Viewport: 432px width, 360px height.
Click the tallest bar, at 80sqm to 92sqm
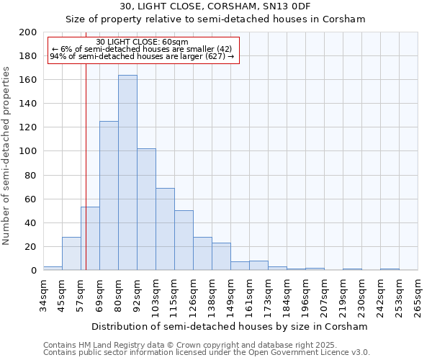click(x=127, y=173)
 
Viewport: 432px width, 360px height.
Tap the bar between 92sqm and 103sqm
click(x=146, y=210)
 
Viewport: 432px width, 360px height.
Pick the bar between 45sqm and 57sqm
click(x=71, y=253)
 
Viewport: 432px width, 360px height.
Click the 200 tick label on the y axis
click(x=28, y=32)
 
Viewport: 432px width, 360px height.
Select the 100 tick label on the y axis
click(x=28, y=151)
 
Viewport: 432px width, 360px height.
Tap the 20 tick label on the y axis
click(x=31, y=246)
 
